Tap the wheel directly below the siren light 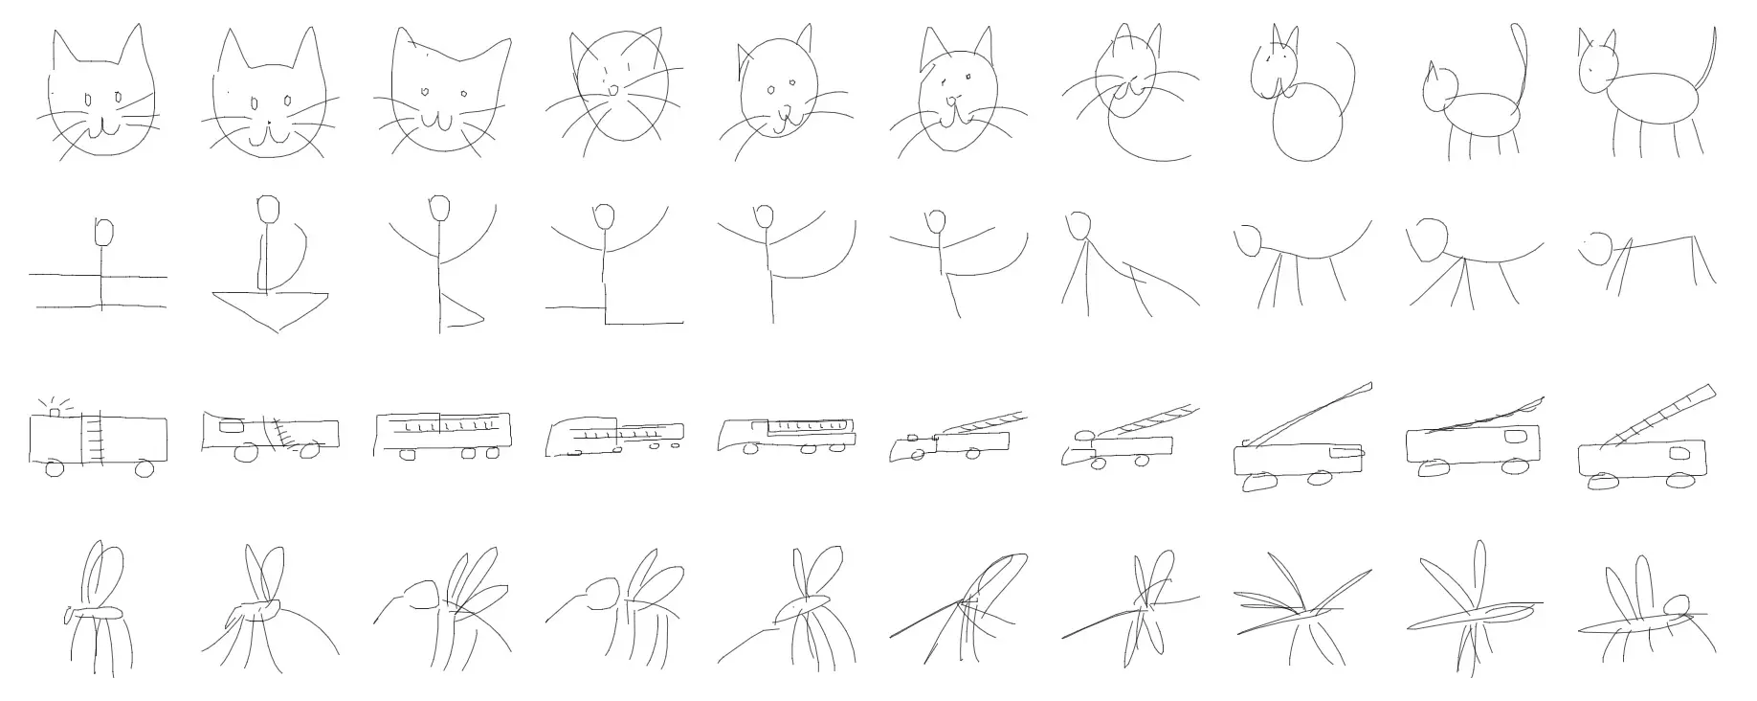[54, 468]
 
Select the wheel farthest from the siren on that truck [145, 468]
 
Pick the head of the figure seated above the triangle [269, 208]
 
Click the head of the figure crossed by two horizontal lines [104, 232]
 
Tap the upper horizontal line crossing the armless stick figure [57, 276]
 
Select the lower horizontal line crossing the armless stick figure [57, 306]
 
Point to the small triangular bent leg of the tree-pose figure [462, 312]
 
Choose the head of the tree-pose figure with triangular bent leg [439, 208]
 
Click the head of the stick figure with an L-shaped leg [604, 217]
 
